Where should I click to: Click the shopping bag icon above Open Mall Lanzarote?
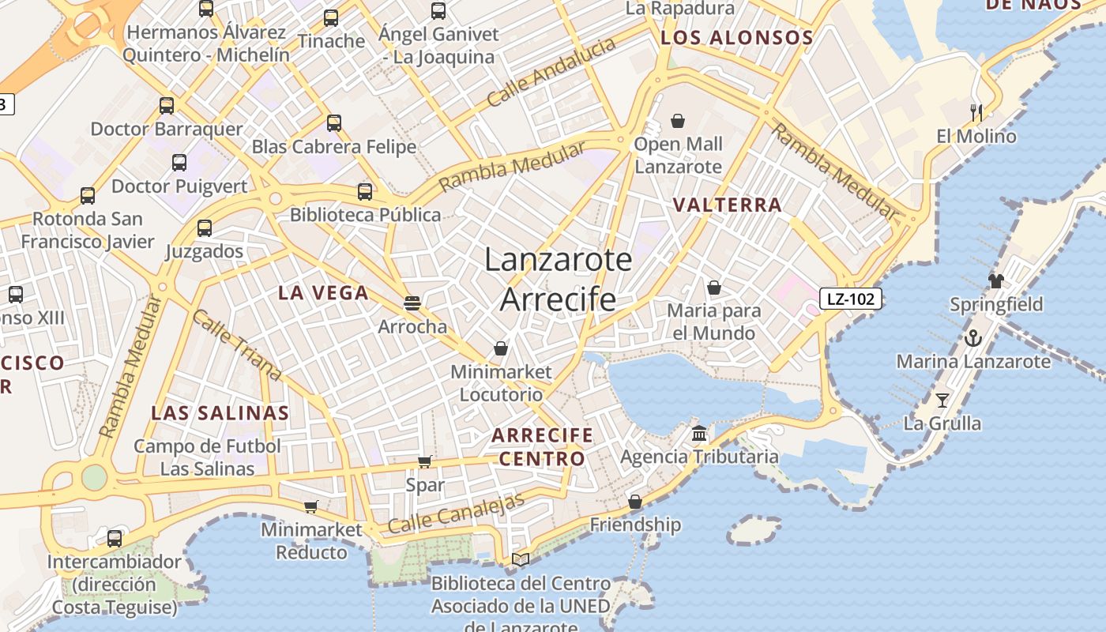pyautogui.click(x=677, y=121)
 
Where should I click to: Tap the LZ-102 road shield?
pyautogui.click(x=851, y=299)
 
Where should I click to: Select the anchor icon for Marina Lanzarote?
pyautogui.click(x=972, y=338)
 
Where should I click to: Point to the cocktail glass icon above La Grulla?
pyautogui.click(x=942, y=400)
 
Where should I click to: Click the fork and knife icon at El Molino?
pyautogui.click(x=976, y=112)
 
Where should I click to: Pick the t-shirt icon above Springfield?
pyautogui.click(x=995, y=280)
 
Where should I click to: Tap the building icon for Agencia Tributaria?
pyautogui.click(x=699, y=433)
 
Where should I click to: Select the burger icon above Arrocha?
pyautogui.click(x=412, y=303)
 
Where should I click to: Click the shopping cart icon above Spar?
pyautogui.click(x=424, y=461)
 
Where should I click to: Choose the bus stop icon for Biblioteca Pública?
pyautogui.click(x=364, y=191)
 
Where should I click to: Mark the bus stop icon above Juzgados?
pyautogui.click(x=205, y=228)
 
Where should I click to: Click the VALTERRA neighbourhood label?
pyautogui.click(x=727, y=205)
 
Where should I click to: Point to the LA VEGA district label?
pyautogui.click(x=323, y=293)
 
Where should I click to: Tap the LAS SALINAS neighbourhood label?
pyautogui.click(x=220, y=413)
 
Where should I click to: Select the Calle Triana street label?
pyautogui.click(x=236, y=344)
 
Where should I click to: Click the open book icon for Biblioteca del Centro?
pyautogui.click(x=520, y=559)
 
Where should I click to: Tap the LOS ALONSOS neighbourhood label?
pyautogui.click(x=736, y=38)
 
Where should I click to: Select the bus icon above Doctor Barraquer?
pyautogui.click(x=166, y=106)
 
